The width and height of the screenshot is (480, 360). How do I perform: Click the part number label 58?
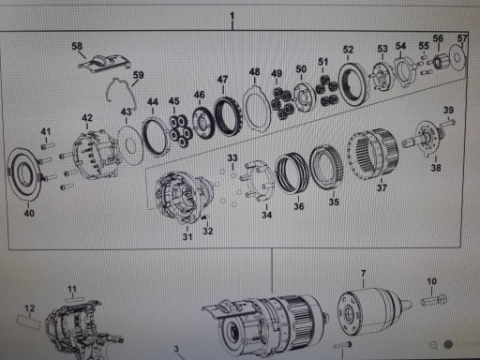77,46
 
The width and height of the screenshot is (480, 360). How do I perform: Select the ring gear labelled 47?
227,116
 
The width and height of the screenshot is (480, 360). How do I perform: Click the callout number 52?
348,50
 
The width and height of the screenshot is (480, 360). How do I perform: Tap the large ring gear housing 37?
372,154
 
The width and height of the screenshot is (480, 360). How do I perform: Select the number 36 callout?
298,206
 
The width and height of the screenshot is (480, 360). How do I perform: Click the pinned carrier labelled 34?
258,181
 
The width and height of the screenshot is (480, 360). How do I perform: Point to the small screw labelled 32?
205,217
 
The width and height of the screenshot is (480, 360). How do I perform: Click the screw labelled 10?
434,300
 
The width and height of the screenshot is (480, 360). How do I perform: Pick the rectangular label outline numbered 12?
29,322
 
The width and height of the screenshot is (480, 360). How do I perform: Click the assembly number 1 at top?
232,16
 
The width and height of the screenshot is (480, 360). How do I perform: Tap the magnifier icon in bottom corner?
434,345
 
